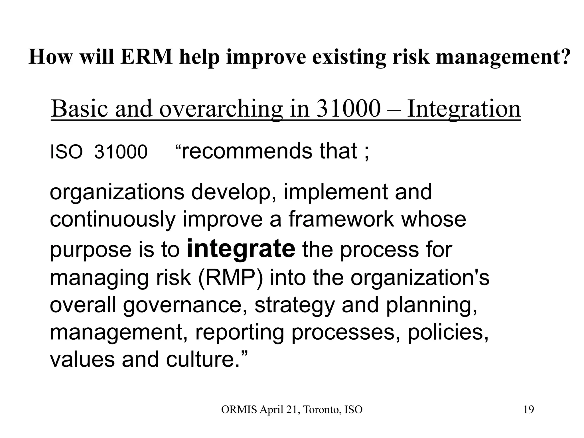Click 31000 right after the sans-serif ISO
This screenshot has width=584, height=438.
pos(121,152)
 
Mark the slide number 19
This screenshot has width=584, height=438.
pos(529,410)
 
